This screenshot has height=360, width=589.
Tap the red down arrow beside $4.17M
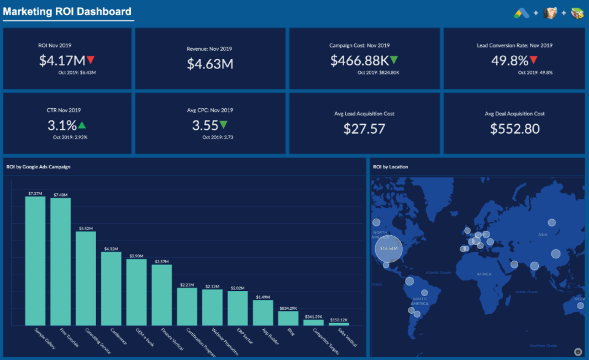(x=91, y=60)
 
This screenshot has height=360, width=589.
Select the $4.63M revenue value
(x=210, y=64)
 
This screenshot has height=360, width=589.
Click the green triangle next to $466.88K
(x=393, y=60)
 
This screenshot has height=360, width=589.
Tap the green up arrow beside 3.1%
(x=82, y=125)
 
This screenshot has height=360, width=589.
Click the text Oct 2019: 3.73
(x=218, y=137)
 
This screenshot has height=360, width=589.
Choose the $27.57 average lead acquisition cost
(x=364, y=129)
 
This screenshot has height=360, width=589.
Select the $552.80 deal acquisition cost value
(x=514, y=129)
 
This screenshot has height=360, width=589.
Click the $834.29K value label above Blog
(x=288, y=308)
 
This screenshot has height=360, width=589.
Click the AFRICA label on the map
(x=484, y=274)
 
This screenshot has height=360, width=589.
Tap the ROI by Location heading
(x=391, y=167)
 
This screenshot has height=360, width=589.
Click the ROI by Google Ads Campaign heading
(x=38, y=167)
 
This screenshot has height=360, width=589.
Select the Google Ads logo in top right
(x=522, y=13)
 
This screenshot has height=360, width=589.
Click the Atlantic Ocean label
(x=438, y=272)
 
